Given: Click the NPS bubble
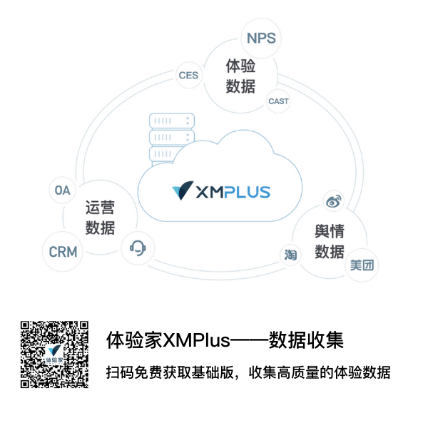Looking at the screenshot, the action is click(261, 38).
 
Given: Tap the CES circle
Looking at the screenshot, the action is click(188, 75).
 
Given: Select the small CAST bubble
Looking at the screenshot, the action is click(278, 101).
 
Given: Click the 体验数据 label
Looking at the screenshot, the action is click(240, 76).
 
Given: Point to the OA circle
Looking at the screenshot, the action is click(63, 190).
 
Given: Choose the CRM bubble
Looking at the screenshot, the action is click(63, 252).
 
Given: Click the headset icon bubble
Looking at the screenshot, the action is click(138, 248).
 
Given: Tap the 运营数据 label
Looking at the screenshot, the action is click(100, 218).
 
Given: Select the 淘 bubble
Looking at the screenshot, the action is click(290, 255).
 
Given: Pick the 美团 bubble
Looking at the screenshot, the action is click(361, 266).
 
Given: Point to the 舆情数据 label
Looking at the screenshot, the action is click(330, 242).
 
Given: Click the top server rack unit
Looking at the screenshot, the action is click(172, 121).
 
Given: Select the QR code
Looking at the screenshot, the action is click(55, 354).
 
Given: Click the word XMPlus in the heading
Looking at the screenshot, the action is click(197, 340).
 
